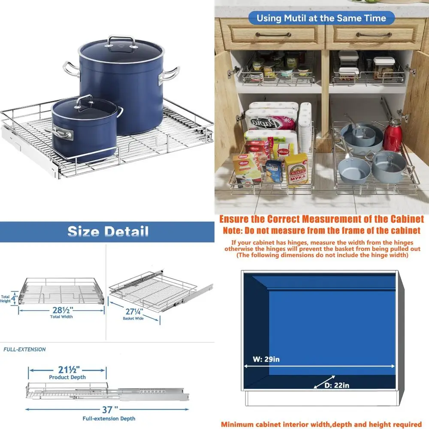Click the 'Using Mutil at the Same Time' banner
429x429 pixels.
[321, 18]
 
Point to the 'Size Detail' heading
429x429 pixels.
[108, 232]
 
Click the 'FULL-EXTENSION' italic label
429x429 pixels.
[24, 349]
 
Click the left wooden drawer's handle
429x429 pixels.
[272, 35]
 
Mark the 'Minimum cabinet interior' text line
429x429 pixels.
[321, 424]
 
